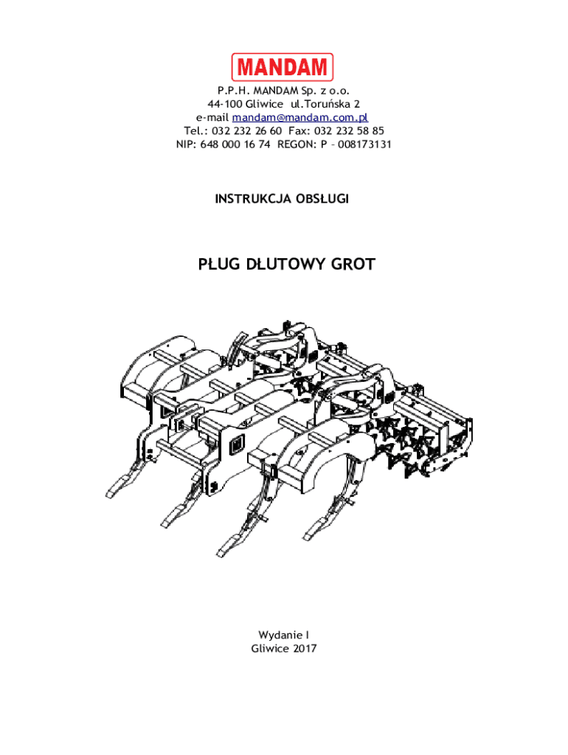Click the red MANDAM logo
tap(283, 68)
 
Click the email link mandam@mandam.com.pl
tap(300, 117)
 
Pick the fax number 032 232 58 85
tap(349, 131)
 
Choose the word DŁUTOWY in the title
tap(283, 264)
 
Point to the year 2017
tap(303, 648)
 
